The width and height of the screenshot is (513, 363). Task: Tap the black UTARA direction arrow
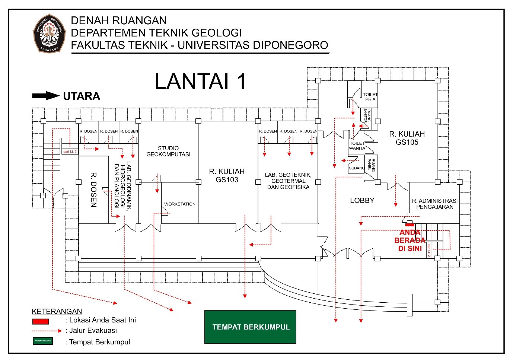point(45,96)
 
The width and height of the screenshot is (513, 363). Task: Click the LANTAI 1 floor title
point(200,82)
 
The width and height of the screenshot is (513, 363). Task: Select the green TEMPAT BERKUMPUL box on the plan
point(251,327)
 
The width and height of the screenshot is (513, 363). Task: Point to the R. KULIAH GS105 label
point(407,138)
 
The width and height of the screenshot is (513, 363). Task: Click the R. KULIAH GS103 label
point(227,176)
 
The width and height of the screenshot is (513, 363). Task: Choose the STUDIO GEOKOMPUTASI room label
point(168,151)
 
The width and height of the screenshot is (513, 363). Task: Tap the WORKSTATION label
point(180,204)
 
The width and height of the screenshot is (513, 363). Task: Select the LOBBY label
point(362,200)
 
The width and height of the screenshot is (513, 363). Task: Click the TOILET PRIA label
point(370,97)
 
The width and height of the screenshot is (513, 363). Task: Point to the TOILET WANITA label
point(357,146)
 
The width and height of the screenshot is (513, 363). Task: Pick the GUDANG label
point(356,168)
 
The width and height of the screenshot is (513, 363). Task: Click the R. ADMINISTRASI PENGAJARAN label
point(434,204)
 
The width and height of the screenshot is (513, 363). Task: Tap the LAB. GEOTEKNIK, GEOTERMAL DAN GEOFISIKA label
point(288,181)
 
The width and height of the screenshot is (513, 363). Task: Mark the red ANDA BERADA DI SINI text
point(410,241)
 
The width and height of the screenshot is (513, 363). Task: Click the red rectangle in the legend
point(41,321)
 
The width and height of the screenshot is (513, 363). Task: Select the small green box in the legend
point(42,341)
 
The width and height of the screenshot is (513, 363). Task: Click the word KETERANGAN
point(57,311)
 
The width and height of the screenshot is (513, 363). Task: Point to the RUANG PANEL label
point(371,165)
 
